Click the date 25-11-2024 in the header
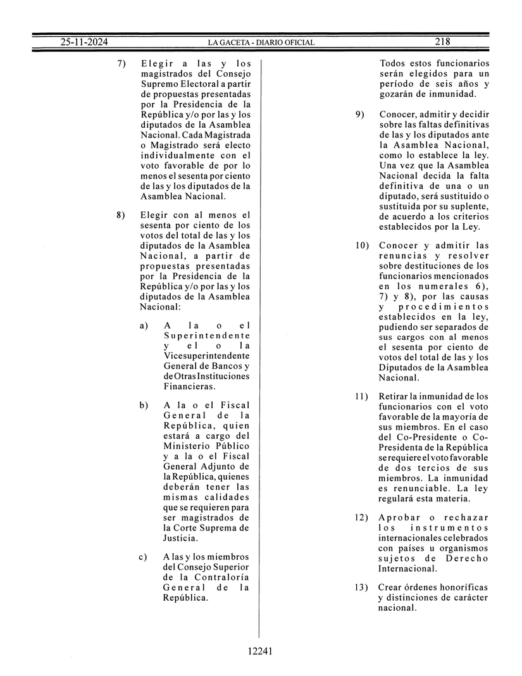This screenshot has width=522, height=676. [85, 42]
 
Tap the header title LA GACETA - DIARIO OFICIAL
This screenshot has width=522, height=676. [261, 42]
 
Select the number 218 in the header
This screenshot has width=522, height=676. [442, 42]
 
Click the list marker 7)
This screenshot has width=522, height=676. [121, 63]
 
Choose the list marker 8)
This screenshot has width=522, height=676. [121, 215]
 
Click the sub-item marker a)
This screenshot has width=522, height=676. [144, 325]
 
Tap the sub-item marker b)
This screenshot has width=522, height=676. [144, 406]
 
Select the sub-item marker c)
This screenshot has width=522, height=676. [144, 557]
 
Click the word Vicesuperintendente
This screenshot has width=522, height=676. [206, 356]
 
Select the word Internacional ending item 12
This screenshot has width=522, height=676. [409, 568]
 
